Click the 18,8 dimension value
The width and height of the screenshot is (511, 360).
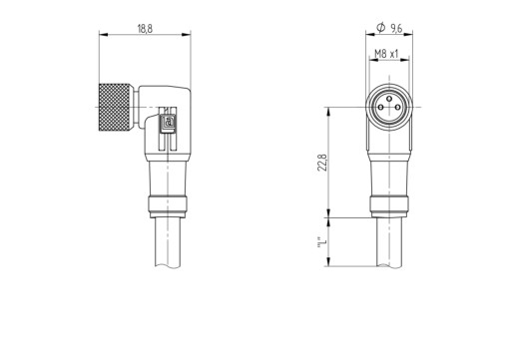pos(145,29)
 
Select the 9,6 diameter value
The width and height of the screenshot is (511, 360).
pos(396,29)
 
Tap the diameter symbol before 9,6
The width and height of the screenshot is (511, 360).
pos(380,28)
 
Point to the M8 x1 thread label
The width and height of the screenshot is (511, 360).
pos(386,54)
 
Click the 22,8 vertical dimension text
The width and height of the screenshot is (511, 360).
pos(322,163)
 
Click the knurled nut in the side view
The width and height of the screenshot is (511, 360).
pos(115,107)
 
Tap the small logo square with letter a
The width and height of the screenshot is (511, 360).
pos(169,122)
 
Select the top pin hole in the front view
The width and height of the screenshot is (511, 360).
pos(389,99)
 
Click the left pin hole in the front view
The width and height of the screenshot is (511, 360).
pos(380,107)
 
